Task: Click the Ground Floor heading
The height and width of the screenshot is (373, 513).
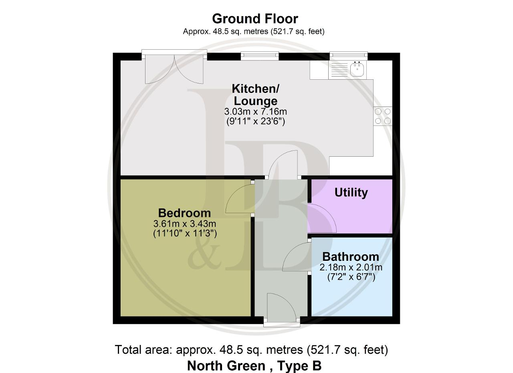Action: click(x=255, y=19)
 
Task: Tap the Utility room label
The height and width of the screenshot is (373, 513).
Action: click(x=351, y=193)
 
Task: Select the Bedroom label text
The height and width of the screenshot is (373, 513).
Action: click(x=184, y=213)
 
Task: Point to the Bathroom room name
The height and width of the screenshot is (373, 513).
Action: click(x=351, y=257)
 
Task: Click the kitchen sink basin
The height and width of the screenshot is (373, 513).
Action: click(x=357, y=69)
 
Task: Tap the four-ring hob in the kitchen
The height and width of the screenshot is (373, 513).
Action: click(x=383, y=116)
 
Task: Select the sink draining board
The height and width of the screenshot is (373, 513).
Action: click(x=339, y=70)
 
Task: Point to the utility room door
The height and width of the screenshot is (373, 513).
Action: click(x=322, y=218)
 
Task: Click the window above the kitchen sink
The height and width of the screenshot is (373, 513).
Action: click(x=349, y=54)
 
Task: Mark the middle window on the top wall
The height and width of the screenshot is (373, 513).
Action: click(x=260, y=56)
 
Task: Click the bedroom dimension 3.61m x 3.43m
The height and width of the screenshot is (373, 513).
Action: click(x=185, y=224)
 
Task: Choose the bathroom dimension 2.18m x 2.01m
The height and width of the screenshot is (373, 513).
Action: click(x=351, y=267)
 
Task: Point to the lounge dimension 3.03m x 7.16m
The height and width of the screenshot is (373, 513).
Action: click(x=256, y=111)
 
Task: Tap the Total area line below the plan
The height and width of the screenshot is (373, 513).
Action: click(x=251, y=350)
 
